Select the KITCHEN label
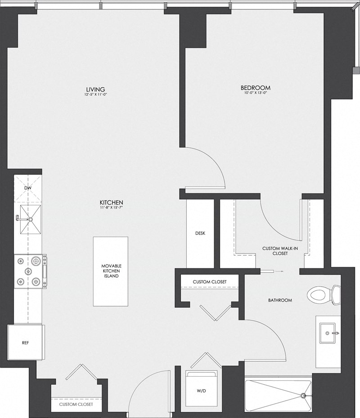[112, 202]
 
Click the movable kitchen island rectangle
[110, 271]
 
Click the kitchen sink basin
[30, 219]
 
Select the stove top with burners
[28, 271]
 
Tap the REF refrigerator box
[25, 342]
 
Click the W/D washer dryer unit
[201, 391]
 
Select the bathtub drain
[304, 396]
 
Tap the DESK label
[200, 234]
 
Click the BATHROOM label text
[280, 300]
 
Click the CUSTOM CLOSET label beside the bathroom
[209, 282]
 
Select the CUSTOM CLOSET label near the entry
[76, 405]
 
